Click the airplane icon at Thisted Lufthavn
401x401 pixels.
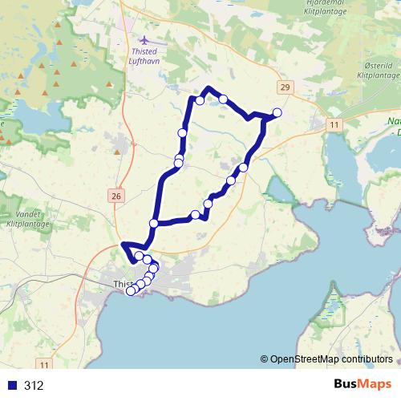[144, 39]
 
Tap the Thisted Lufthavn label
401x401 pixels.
[144, 57]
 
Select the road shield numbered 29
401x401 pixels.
[285, 87]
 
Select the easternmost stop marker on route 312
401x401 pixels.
[277, 112]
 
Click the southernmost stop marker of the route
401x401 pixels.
[132, 291]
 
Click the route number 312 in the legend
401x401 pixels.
[34, 386]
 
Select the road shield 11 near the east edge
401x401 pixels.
[334, 124]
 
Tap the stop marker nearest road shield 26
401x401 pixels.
[153, 223]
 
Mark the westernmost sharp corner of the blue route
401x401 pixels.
[122, 245]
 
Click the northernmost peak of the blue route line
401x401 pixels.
[209, 87]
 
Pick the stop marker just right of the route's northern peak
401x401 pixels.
[224, 99]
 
